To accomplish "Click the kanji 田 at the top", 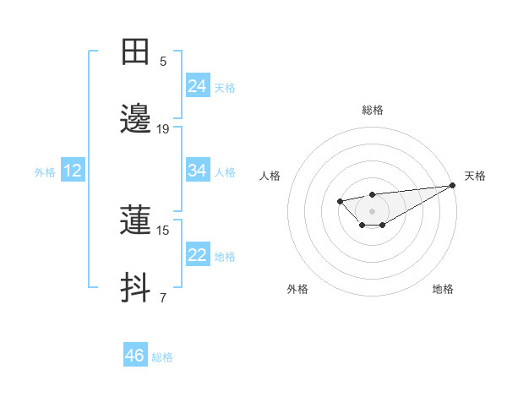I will point(135,52).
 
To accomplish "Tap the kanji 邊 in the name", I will point(135,120).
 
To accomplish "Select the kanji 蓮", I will point(135,221).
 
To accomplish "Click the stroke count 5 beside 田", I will point(163,61).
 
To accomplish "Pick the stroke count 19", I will point(163,128).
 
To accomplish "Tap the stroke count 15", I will point(163,230).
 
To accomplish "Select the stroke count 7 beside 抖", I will point(163,297).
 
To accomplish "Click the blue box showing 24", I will point(197,86).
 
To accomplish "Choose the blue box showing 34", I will point(197,171).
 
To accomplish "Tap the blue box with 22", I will point(197,255).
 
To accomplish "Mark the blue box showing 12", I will point(72,171).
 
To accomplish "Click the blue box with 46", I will point(134,356).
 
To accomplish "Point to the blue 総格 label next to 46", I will point(162,357).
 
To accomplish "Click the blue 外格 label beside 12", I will point(45,172).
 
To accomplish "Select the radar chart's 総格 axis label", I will point(372,110).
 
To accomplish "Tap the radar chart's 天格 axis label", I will point(475,176).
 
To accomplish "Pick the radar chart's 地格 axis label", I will point(443,289).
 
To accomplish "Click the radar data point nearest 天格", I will point(453,185).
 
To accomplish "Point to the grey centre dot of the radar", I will point(372,210).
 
